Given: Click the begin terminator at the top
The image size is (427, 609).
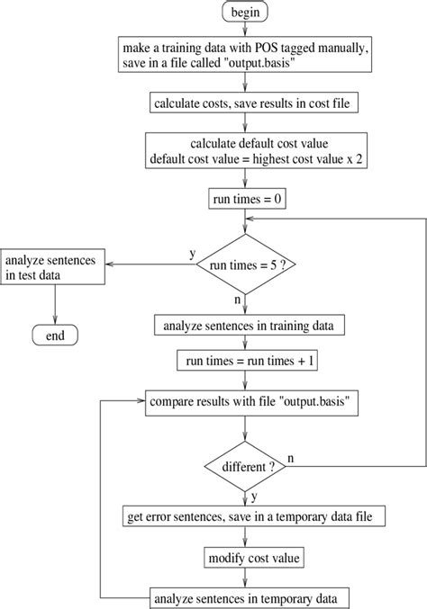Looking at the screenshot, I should tap(246, 13).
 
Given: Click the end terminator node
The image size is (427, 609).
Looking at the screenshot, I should tap(55, 336).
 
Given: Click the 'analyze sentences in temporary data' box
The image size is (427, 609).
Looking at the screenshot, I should tap(246, 596).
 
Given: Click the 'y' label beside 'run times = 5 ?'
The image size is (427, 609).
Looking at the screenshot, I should tap(192, 254).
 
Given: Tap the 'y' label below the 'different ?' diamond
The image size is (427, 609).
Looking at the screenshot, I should tap(256, 497).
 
